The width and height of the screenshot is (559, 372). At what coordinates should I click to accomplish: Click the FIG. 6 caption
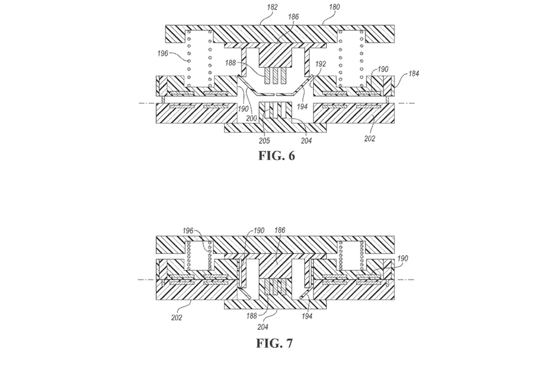coord(276,155)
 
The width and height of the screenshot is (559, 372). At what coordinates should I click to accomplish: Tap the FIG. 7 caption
coord(274,343)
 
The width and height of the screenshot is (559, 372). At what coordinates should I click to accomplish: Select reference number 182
coord(272,7)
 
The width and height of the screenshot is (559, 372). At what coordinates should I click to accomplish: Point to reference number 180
coord(334,7)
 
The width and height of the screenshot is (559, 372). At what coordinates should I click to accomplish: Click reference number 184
coord(413,74)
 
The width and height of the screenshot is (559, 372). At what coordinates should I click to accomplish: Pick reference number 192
coord(320,64)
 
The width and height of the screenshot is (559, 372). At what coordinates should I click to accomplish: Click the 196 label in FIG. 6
coord(162,53)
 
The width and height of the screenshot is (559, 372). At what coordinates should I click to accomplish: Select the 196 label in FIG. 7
coord(188,231)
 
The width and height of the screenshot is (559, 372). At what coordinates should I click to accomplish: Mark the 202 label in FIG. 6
coord(369,139)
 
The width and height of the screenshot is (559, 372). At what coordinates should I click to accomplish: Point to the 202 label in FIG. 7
coord(176,318)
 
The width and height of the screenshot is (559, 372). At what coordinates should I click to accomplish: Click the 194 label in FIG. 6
coord(302,106)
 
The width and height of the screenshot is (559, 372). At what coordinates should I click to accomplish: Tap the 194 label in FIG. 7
coord(306,316)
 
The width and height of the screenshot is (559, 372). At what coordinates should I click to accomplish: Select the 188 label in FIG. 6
coord(231,63)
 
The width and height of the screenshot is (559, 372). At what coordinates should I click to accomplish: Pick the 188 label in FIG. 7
coord(252,316)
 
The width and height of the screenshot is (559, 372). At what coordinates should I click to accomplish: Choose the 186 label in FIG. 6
coord(293,16)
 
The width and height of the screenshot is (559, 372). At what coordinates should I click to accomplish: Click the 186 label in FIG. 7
coord(280,230)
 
